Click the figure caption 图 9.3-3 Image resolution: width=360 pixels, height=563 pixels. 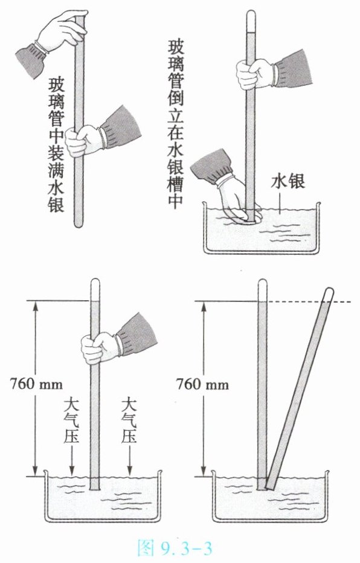tap(175, 547)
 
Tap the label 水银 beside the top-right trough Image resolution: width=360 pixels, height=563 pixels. tap(288, 181)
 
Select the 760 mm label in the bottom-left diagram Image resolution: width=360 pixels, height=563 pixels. tap(36, 384)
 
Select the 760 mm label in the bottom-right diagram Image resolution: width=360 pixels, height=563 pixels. tap(202, 384)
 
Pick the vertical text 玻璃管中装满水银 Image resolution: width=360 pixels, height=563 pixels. tap(56, 145)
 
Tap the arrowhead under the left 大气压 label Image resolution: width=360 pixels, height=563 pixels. tap(72, 472)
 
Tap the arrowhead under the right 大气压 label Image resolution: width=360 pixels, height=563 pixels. tap(130, 472)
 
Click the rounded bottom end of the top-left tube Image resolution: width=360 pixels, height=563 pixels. tap(79, 224)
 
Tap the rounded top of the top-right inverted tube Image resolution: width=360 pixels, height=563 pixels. tap(251, 14)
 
